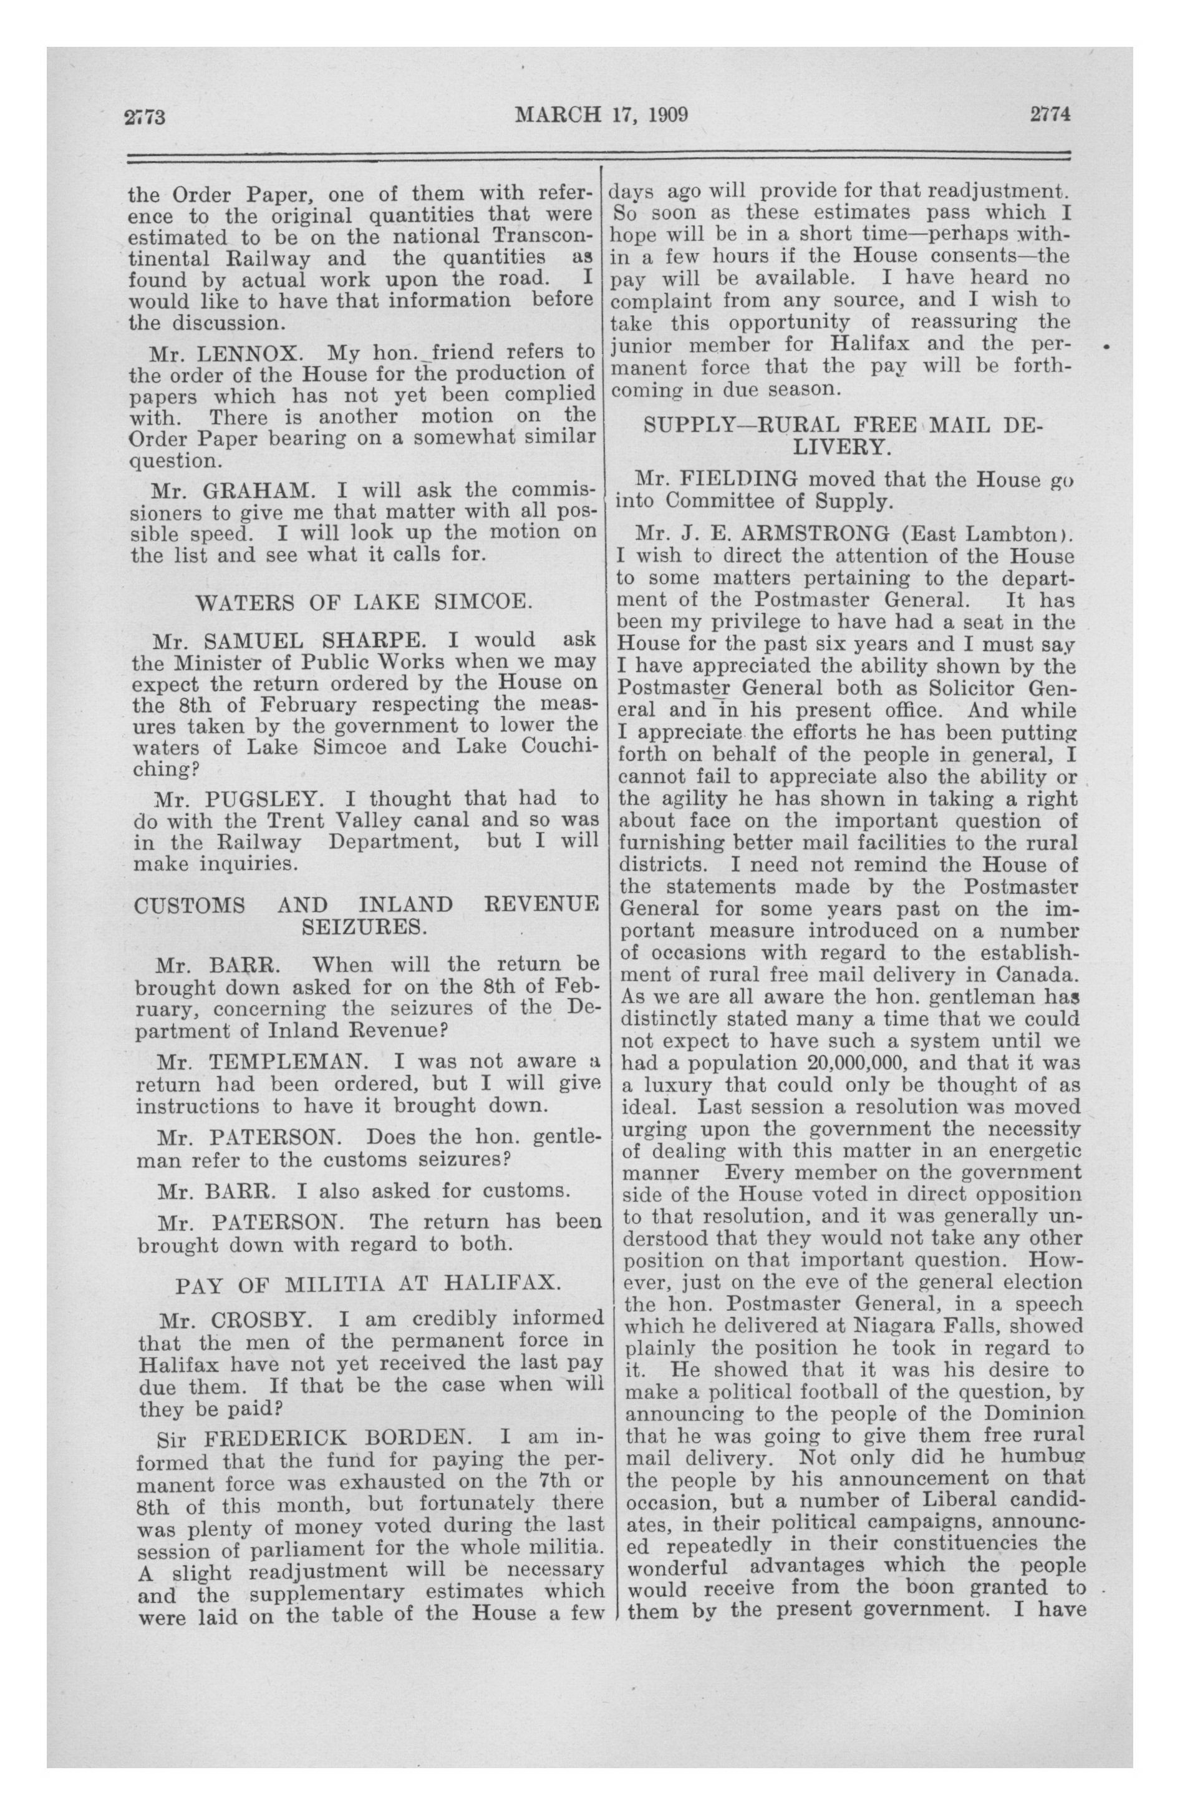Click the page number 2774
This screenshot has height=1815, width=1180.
[x=1050, y=114]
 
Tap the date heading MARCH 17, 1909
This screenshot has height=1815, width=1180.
[x=601, y=115]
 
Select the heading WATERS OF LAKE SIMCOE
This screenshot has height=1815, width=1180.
[x=362, y=602]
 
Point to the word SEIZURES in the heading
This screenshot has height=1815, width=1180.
[x=364, y=927]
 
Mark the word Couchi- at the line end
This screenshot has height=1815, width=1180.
[x=550, y=746]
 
